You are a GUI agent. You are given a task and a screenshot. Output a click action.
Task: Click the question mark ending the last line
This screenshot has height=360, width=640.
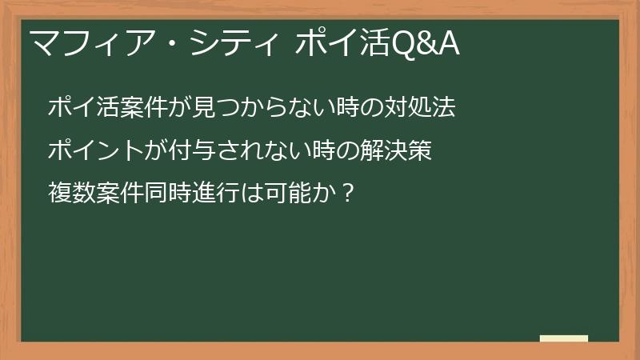346,191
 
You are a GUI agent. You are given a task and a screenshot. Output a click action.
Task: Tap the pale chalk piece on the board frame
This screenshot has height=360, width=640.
564,338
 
